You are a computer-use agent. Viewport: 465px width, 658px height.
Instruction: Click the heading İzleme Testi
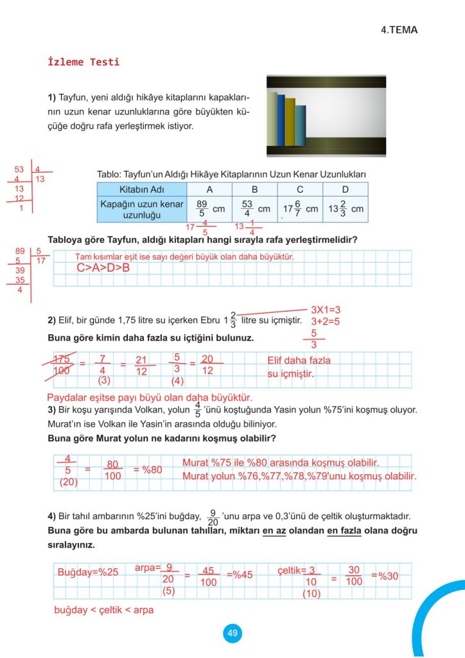pos(83,62)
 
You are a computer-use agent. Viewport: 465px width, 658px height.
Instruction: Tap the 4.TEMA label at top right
pos(403,30)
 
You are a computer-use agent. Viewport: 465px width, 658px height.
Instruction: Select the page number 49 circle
pos(232,633)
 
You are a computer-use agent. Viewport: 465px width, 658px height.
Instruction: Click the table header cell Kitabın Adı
pos(142,190)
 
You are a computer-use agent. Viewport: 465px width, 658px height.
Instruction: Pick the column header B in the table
pos(254,190)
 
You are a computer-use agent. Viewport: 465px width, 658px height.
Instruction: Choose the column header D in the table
pos(346,190)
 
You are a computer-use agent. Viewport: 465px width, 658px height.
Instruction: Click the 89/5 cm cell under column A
pos(209,209)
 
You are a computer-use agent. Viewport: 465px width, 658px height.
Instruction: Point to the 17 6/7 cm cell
pos(300,209)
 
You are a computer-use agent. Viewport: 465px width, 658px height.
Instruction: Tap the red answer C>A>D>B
pos(103,267)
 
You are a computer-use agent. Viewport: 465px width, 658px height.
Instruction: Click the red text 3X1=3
pos(326,309)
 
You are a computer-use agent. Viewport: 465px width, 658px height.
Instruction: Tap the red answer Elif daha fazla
pos(299,360)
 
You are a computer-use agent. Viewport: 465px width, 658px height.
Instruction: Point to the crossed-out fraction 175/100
pos(62,364)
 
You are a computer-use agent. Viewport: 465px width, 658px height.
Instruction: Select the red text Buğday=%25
pos(88,573)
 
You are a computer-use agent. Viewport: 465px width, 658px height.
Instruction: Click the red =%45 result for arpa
pos(240,574)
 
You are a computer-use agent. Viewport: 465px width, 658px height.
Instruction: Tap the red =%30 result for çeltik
pos(385,576)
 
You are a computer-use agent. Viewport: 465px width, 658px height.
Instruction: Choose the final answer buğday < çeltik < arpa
pos(103,610)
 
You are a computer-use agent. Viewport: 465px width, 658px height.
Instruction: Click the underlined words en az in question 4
pos(273,531)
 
